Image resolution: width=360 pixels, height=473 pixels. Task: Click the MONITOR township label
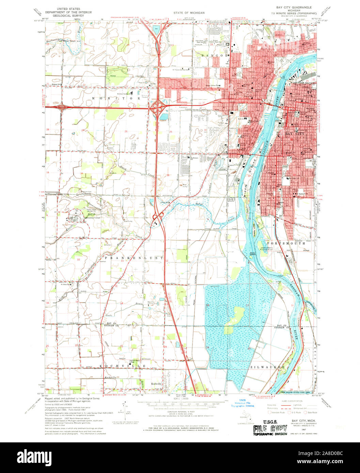tap(115, 98)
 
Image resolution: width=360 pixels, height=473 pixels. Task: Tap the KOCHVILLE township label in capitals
tap(123, 366)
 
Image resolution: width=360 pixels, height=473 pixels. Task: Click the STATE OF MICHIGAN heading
tap(189, 13)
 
